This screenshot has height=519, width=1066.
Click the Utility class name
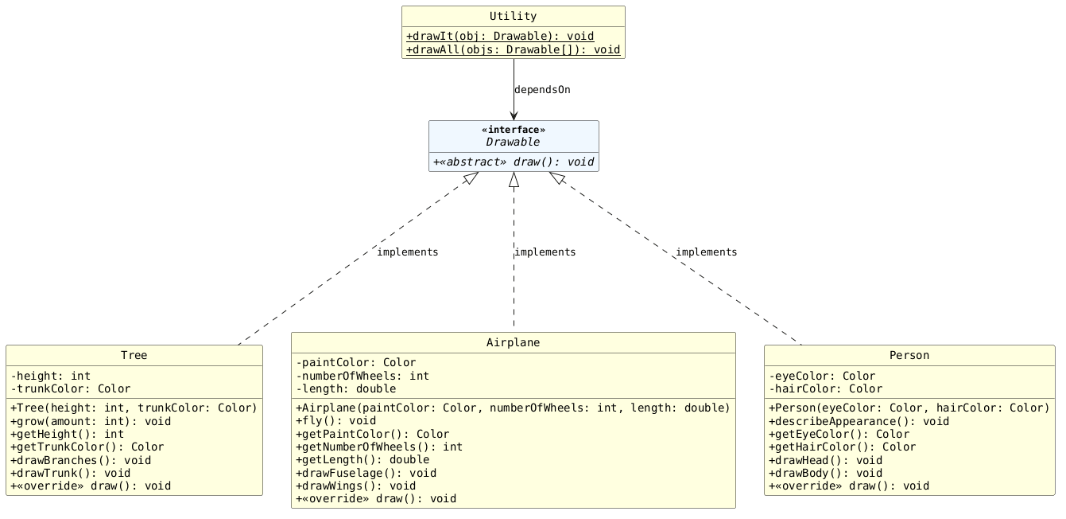(x=513, y=16)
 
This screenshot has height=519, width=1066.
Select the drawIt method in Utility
(x=500, y=37)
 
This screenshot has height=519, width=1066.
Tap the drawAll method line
(x=513, y=49)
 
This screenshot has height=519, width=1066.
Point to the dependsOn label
(x=542, y=90)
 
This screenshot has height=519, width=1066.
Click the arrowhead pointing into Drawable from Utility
(x=514, y=115)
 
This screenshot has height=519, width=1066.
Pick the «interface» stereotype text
(x=514, y=130)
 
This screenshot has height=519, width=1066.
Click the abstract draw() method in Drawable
(x=514, y=162)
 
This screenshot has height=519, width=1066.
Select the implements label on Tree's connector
(x=407, y=252)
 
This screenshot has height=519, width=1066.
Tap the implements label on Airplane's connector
(x=545, y=252)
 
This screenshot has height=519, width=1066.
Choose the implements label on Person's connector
(x=706, y=252)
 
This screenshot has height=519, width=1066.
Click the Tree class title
(x=134, y=356)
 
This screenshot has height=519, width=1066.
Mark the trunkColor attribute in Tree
(x=71, y=389)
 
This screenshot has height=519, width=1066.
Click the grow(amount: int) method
(x=91, y=421)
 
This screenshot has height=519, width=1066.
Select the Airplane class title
(x=513, y=342)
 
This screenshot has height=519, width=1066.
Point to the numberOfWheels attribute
(x=362, y=376)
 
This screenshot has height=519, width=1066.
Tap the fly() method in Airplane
(x=335, y=421)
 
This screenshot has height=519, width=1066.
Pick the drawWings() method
(x=355, y=486)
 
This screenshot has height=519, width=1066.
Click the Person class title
(x=909, y=356)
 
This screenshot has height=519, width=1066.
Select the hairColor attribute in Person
(x=826, y=389)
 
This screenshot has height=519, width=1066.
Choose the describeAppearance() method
(x=859, y=421)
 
